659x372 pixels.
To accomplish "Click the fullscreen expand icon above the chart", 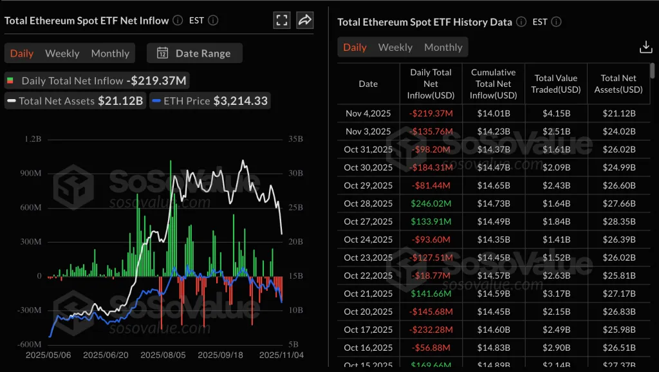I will coord(282,20).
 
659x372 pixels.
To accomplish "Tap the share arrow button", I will coord(305,20).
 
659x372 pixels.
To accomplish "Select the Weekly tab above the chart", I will coord(62,53).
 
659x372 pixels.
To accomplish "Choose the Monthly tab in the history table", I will coord(443,47).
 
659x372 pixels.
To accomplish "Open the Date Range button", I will coord(194,53).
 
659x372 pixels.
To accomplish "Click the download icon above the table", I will coord(645,47).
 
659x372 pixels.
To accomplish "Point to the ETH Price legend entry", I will coord(210,100).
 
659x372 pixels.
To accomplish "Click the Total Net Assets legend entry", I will coord(75,100).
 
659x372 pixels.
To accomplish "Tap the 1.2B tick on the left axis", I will coord(33,139).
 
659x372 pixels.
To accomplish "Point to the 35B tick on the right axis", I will coord(296,139).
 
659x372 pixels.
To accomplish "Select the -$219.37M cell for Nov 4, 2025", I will coord(431,113).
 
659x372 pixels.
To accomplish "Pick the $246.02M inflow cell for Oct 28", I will coord(431,203).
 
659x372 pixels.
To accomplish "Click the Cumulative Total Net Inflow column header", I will coord(494,84).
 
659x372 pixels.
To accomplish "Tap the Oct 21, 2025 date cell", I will coord(368,293).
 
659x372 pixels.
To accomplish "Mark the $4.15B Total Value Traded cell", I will coord(556,113).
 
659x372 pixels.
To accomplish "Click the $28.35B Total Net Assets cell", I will coord(618,221).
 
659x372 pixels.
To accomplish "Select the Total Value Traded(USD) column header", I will coord(556,84).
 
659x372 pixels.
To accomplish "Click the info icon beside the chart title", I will coord(178,20).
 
